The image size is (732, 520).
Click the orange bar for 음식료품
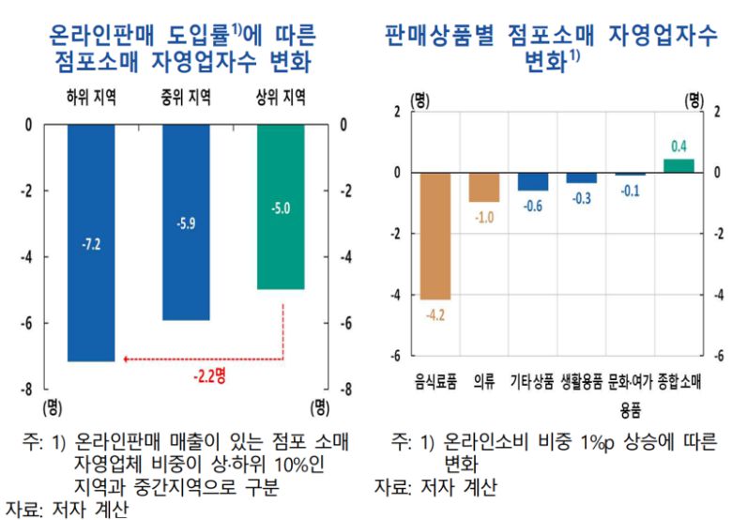[x=435, y=236]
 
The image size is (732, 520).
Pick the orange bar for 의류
[x=484, y=188]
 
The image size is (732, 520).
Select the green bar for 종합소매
[x=679, y=166]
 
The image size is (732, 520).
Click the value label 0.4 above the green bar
[x=679, y=145]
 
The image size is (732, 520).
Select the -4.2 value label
[x=435, y=314]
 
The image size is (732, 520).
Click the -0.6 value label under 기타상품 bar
[x=533, y=206]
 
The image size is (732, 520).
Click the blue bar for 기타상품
[x=533, y=182]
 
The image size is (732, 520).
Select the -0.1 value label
[x=631, y=191]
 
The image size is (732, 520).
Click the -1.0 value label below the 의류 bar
[x=484, y=218]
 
